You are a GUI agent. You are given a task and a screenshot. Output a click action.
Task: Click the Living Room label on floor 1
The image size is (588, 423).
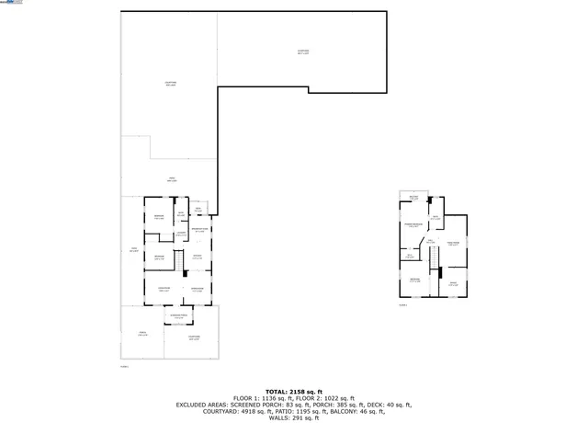coord(164,290)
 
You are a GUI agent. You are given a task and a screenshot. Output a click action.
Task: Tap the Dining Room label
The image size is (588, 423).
coord(197,290)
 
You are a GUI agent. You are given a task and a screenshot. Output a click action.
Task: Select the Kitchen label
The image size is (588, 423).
coord(198,257)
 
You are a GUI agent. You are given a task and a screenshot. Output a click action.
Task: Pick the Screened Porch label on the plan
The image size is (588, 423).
coord(179,317)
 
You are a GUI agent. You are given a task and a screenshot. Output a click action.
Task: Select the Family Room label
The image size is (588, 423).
coord(453,244)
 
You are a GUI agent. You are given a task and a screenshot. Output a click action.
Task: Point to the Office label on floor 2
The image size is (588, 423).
coord(453,283)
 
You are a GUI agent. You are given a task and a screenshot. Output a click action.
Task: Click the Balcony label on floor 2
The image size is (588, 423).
coord(413,197)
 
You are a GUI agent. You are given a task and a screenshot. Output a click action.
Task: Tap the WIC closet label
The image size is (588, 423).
coord(411,257)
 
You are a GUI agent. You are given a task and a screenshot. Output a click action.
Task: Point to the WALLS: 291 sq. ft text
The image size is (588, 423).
coord(293,418)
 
